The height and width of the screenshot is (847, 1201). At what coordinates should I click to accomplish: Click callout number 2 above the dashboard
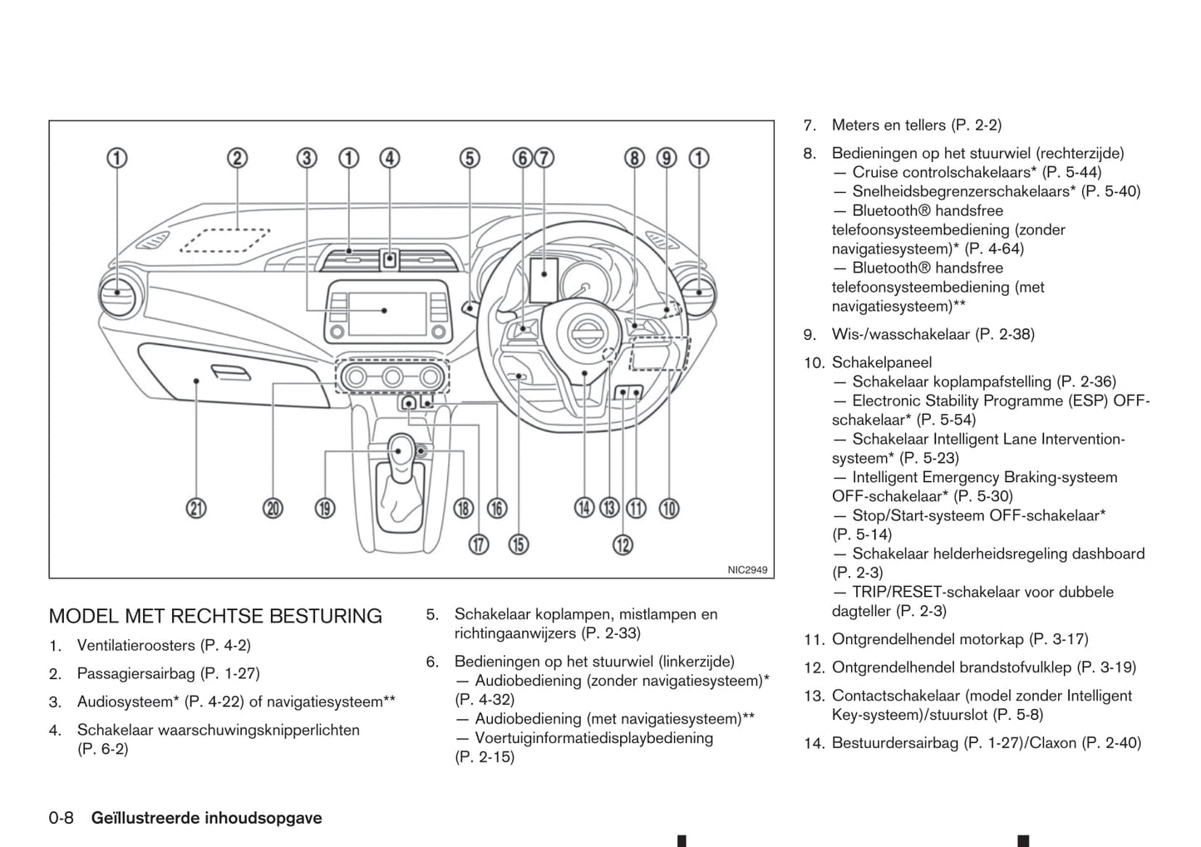coord(238,158)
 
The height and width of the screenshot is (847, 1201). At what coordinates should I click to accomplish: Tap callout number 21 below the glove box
coord(196,508)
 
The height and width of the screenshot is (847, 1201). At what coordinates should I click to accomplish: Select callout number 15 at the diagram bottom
coord(518,544)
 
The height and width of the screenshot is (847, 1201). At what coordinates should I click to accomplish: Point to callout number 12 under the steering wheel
coord(623,544)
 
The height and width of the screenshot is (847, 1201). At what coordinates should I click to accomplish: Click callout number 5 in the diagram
coord(470,158)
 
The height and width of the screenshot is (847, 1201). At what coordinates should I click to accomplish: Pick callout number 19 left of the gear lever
coord(324,508)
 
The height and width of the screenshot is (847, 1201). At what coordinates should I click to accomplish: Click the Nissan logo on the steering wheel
coord(586,333)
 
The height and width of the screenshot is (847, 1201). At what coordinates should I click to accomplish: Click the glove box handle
coord(230,372)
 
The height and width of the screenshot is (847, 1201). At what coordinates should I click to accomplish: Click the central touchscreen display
coord(385,309)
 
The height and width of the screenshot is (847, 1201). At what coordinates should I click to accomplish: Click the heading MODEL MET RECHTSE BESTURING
coord(215,616)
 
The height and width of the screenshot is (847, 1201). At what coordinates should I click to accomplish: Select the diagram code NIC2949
coord(747,570)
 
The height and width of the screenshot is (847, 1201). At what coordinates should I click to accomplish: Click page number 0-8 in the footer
coord(61,818)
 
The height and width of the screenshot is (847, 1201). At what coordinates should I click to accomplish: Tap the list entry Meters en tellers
coord(888,126)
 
